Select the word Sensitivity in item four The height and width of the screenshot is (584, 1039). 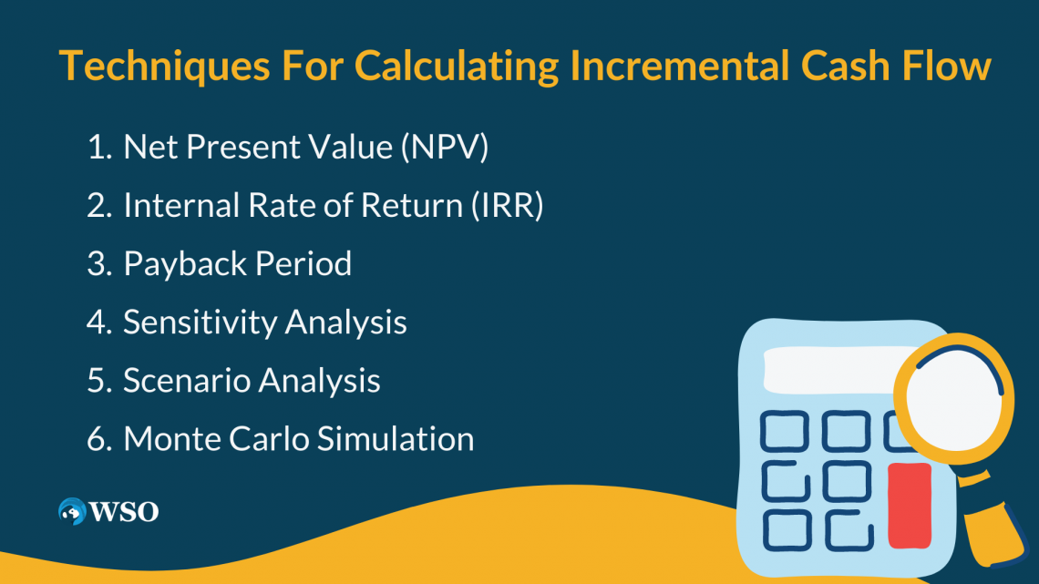point(200,323)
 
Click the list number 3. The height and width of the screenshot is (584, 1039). point(97,264)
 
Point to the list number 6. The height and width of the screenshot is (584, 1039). point(97,439)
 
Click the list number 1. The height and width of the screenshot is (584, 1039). point(97,148)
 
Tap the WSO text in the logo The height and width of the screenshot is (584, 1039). point(124,512)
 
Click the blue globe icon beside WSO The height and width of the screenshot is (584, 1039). point(71,511)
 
